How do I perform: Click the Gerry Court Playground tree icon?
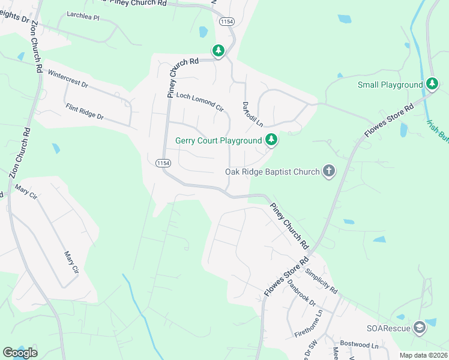tap(272, 140)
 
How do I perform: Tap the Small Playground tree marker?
tap(432, 85)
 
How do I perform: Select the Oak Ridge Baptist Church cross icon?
tap(328, 172)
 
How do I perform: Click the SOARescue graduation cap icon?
tap(419, 328)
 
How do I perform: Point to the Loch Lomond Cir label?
tap(199, 102)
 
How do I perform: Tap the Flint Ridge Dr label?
tap(85, 112)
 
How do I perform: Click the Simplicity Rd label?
tap(322, 280)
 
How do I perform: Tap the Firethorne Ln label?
tap(309, 323)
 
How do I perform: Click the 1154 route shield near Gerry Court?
tap(163, 163)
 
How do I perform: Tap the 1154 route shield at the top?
tap(226, 21)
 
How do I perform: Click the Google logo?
tap(20, 352)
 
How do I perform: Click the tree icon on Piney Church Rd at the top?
tap(219, 51)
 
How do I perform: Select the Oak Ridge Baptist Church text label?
tap(272, 172)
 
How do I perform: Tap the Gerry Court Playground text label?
tap(218, 141)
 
